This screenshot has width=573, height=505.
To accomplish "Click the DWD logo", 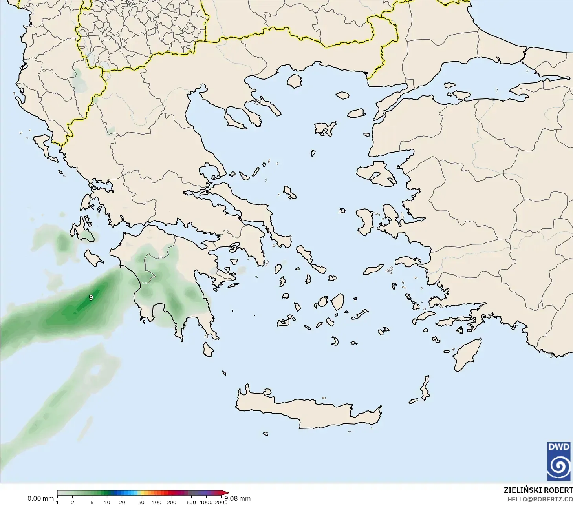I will coord(558,461).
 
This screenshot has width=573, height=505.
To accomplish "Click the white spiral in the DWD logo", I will coord(558,466).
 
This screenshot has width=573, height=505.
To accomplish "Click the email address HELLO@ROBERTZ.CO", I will coord(540,499).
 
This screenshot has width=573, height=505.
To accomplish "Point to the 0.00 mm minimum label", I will coord(40,498).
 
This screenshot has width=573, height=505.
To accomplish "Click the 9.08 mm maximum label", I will coord(238,498).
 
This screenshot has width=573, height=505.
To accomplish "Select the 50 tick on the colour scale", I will coord(141,502).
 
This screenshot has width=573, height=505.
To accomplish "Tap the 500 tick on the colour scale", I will coord(191,502).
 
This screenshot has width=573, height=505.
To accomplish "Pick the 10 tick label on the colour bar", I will coord(107,502).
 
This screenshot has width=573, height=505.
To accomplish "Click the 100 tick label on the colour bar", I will coord(156,502).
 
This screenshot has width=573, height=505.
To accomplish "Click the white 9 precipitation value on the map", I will coord(91,297).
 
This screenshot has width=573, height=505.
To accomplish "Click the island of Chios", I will coord(365,222).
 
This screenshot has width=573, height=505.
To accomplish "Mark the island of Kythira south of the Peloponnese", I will coord(208,349).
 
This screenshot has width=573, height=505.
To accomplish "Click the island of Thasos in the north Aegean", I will coord(294,81).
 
